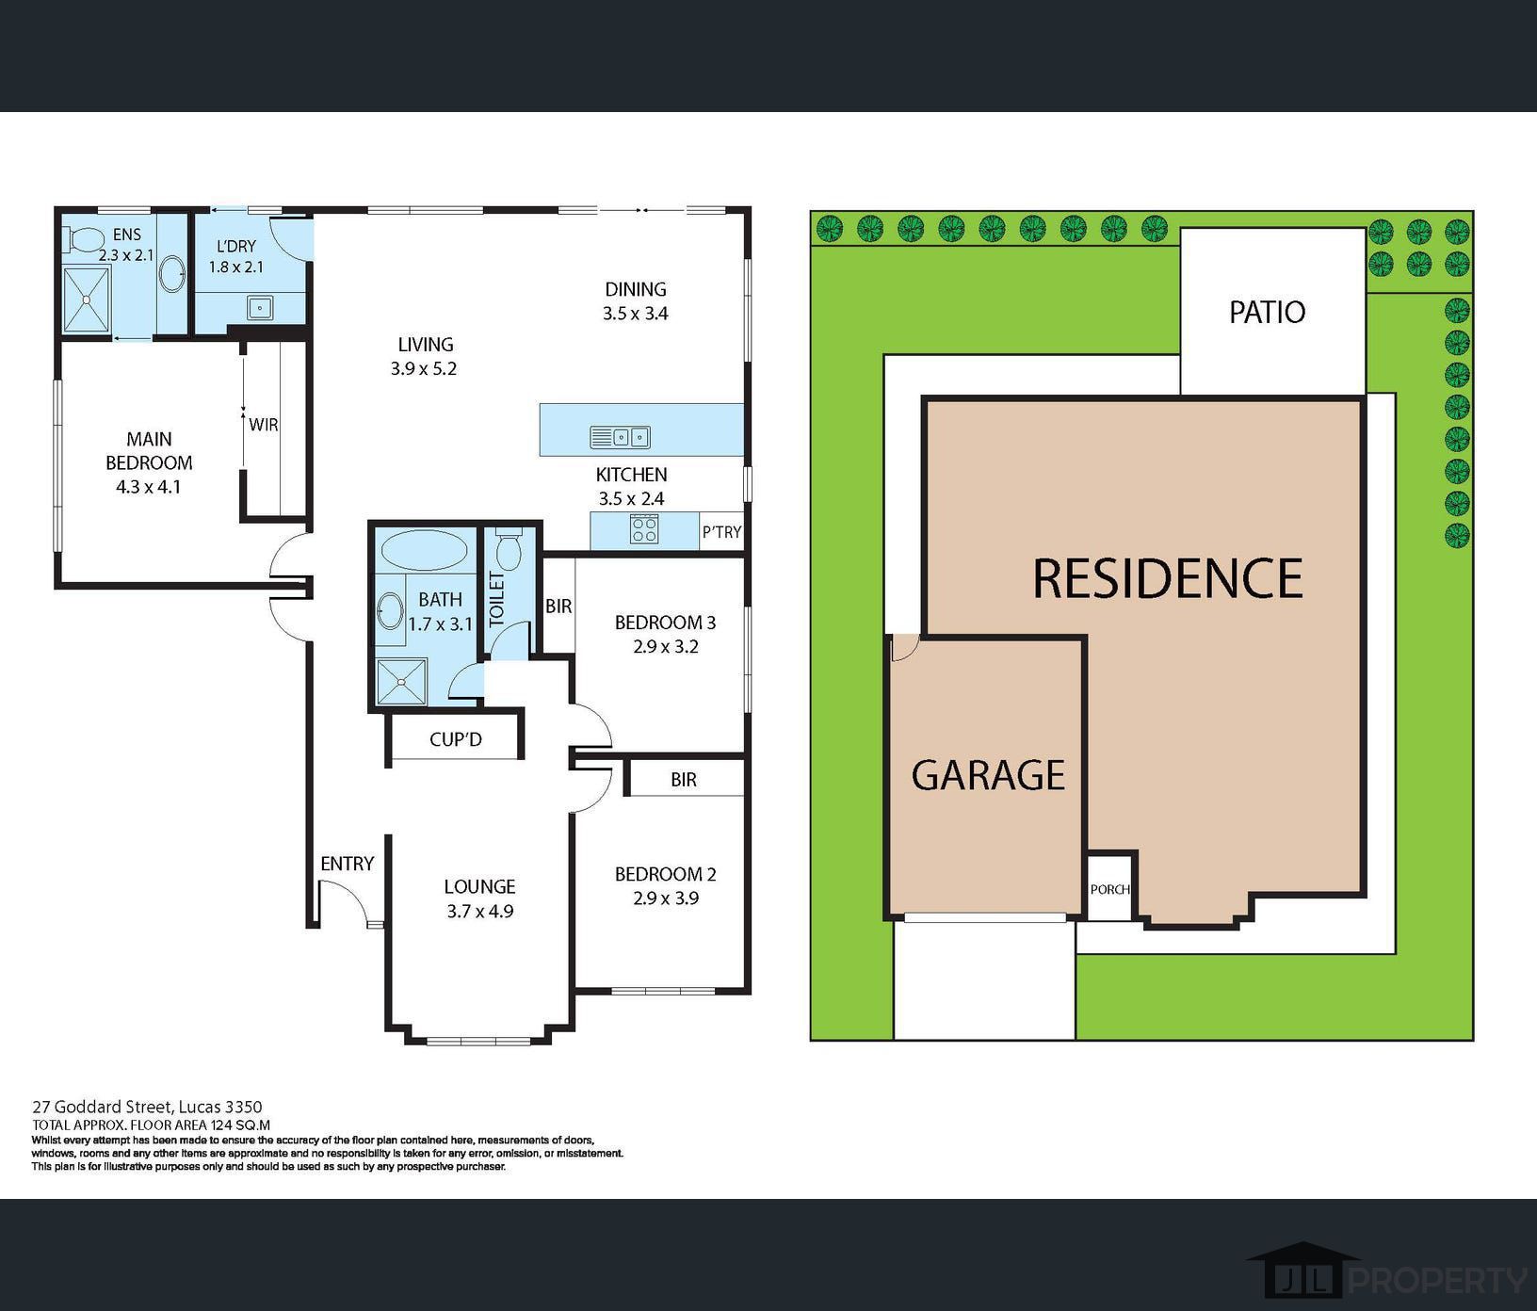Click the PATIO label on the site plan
tap(1267, 312)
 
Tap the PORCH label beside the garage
tap(1109, 889)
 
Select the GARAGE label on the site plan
tap(988, 775)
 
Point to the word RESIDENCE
tap(1168, 577)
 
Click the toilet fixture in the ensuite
tap(83, 241)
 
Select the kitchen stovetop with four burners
tap(644, 530)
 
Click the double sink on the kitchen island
tap(620, 437)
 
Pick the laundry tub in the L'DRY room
tap(259, 307)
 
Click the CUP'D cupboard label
tap(456, 739)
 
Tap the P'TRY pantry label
tap(721, 532)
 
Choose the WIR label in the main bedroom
tap(264, 425)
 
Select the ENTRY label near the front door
tap(348, 864)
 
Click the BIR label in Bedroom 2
tap(684, 780)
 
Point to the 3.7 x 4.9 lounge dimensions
tap(479, 911)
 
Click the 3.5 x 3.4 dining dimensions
tap(636, 314)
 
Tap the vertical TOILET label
tap(497, 600)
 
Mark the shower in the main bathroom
tap(402, 681)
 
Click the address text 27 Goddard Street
tap(101, 1107)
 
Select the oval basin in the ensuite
tap(170, 274)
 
